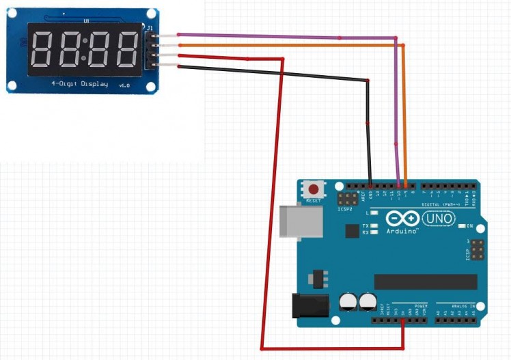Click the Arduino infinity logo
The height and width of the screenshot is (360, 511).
pos(403,219)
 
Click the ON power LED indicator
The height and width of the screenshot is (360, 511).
pos(462,225)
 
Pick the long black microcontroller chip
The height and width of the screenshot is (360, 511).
pos(425,281)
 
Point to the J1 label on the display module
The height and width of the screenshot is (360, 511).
pos(150,28)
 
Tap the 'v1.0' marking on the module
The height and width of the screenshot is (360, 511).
pos(124,85)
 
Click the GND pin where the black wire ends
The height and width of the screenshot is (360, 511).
pos(370,185)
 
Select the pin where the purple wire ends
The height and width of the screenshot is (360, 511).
pos(399,185)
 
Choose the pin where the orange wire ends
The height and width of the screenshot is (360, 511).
pos(406,185)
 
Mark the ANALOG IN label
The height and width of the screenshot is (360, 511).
pos(455,305)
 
